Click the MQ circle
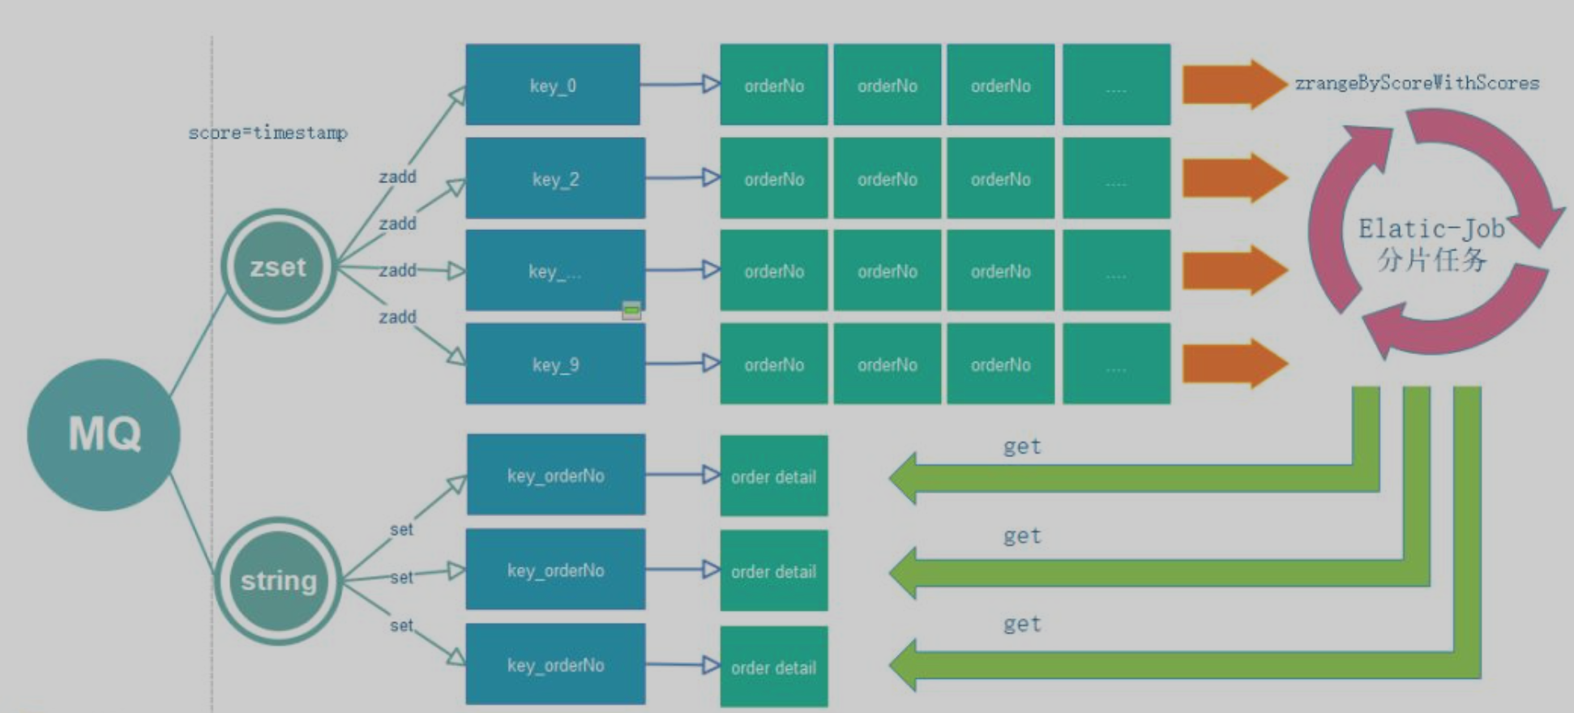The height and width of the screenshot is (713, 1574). pos(104,434)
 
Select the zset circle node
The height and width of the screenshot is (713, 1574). pos(278,267)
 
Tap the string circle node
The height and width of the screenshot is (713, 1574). pos(278,581)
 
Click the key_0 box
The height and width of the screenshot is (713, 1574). pos(553,85)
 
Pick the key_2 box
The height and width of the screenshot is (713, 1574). pos(555,178)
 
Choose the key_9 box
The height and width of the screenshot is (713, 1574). pos(555,365)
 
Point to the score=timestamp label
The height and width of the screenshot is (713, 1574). pos(267,132)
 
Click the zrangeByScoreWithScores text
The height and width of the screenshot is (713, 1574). pos(1416,83)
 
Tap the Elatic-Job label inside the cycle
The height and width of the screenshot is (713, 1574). pos(1431,229)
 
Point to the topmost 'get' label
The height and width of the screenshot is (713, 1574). pos(1021,446)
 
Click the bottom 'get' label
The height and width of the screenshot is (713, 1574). pos(1021,624)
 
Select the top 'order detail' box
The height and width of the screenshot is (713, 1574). pos(773,476)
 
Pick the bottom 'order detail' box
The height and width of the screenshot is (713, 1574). pos(773,668)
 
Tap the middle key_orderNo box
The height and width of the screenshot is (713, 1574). pos(555,570)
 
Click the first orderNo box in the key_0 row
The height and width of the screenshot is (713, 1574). pos(773,85)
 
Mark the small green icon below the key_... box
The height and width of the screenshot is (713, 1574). pos(631,310)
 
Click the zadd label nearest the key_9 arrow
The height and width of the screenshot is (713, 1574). pos(397,317)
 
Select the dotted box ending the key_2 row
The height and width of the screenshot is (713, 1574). pos(1116,178)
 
